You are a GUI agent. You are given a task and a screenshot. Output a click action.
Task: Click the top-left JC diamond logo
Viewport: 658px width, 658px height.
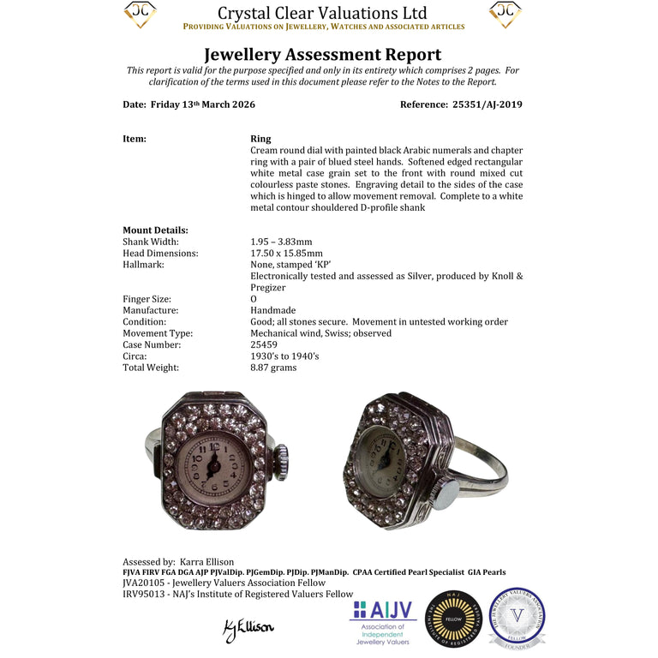(141, 15)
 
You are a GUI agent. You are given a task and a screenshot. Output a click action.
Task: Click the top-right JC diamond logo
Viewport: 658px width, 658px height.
(505, 15)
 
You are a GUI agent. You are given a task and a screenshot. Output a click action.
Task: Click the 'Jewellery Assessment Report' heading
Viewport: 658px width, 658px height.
(322, 56)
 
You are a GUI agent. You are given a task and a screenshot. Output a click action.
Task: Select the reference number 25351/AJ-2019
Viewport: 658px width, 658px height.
(487, 105)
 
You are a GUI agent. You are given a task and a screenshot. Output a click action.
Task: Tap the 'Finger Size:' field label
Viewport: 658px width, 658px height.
(148, 299)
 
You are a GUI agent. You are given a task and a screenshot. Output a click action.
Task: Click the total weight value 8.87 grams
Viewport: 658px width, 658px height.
(273, 368)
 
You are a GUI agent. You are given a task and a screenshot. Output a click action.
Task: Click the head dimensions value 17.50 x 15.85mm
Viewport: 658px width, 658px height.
(286, 254)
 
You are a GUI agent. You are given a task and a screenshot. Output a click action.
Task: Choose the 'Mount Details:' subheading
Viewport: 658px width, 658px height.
(155, 230)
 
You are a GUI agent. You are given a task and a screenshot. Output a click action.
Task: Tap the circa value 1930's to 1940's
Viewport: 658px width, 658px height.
(284, 356)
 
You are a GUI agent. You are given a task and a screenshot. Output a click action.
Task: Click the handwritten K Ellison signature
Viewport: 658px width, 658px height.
(248, 628)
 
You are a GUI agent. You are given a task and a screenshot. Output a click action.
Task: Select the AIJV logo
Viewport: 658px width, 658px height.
(383, 619)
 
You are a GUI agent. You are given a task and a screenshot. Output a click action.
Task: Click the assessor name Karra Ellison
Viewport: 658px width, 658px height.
(206, 562)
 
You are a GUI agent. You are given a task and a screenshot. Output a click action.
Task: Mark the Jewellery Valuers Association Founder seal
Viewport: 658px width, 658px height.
(517, 617)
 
